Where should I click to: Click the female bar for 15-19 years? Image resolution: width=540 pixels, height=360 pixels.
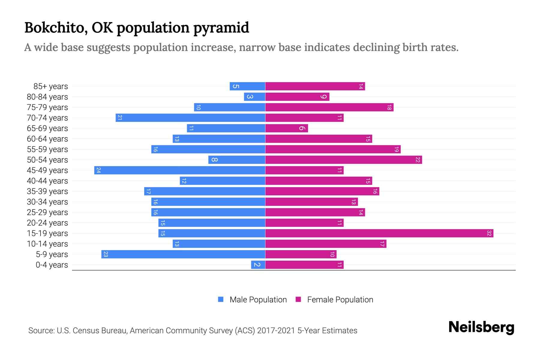tap(379, 233)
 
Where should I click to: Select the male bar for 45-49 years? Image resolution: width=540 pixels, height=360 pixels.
tap(180, 170)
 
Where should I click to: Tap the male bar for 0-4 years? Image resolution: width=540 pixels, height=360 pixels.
tap(258, 265)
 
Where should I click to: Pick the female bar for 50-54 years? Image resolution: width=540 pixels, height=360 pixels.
tap(343, 160)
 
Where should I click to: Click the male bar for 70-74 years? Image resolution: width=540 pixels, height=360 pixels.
tap(190, 118)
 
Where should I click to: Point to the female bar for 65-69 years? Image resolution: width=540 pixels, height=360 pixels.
tap(286, 128)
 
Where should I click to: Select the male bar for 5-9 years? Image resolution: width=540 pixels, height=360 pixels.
tap(183, 254)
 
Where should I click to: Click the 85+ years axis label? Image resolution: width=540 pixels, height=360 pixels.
tap(51, 86)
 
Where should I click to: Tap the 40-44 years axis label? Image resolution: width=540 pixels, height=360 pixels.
tap(47, 181)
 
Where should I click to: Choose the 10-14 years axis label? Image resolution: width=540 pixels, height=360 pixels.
tap(47, 244)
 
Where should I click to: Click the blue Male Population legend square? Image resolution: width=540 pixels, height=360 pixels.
tap(221, 299)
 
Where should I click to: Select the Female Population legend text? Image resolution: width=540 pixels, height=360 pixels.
tap(340, 300)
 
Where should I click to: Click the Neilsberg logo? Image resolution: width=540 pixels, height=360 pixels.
tap(481, 327)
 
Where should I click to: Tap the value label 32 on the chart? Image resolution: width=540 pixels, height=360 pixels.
tap(489, 233)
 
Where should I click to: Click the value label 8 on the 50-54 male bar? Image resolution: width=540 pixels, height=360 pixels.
tap(214, 160)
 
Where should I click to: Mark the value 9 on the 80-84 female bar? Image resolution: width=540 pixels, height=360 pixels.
tap(323, 97)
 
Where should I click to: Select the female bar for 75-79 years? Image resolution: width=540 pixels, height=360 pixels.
tap(329, 107)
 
